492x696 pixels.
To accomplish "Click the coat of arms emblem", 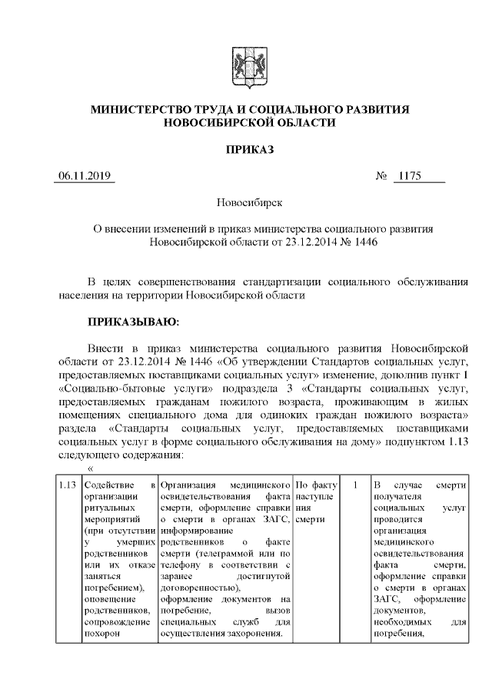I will tap(246, 62).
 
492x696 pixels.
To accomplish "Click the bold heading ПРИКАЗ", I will tap(246, 148).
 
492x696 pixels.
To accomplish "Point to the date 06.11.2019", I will tap(85, 177).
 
